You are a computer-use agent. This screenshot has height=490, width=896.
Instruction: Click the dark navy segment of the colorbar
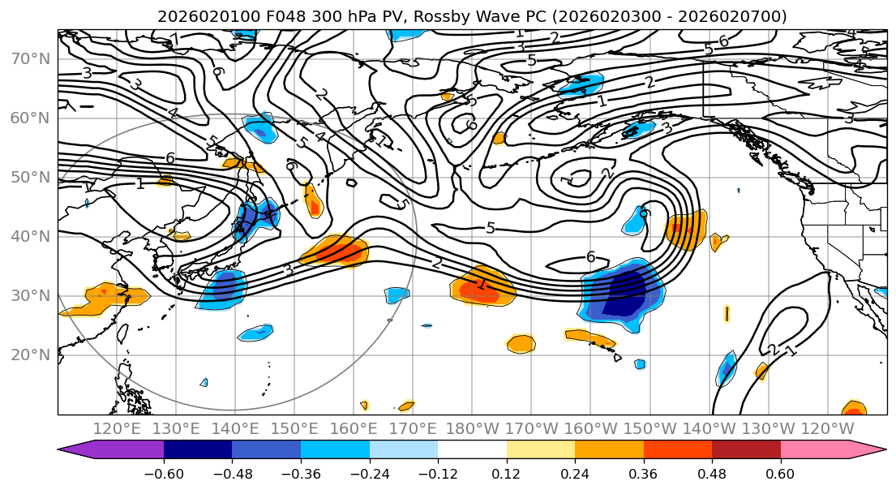click(197, 450)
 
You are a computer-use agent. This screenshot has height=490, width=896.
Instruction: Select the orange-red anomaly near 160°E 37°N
click(334, 252)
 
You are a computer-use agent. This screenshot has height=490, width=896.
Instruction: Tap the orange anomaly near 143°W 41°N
click(686, 229)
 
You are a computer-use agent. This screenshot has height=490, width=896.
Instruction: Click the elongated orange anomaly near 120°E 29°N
click(109, 296)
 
